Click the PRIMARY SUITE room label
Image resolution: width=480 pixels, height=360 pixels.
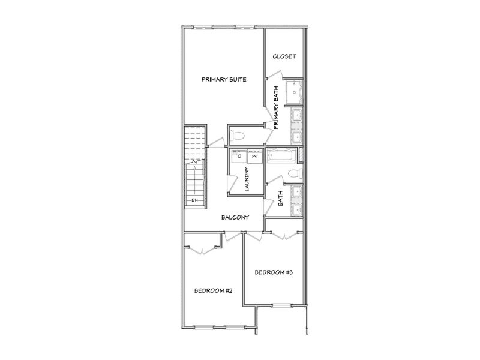224,79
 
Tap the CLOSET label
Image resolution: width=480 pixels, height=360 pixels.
284,56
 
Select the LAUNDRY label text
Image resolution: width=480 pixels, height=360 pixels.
247,179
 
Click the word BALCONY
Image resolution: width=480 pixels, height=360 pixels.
235,217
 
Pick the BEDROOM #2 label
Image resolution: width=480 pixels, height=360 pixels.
213,290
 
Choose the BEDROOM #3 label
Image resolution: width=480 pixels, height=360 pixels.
274,272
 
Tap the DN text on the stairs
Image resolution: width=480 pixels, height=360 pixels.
195,200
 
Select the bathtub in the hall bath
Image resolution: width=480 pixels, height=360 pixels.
282,156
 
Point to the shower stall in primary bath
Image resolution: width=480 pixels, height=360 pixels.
294,91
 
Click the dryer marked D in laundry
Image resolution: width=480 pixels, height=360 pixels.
239,157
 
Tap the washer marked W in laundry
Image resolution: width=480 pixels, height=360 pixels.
253,157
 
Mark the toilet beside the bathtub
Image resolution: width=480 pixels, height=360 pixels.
293,174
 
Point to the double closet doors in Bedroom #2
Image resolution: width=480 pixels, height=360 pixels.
203,248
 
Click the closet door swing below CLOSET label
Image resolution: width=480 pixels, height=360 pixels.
275,75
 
